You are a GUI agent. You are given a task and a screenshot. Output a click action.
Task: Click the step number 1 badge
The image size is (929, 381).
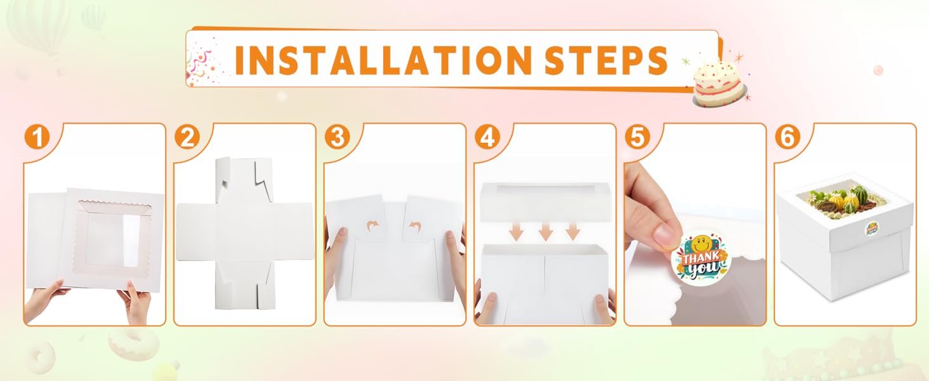pyautogui.click(x=37, y=137)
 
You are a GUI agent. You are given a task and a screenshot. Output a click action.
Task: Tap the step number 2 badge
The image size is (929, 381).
pyautogui.click(x=187, y=137)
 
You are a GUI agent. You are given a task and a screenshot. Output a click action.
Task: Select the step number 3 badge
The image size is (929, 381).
pyautogui.click(x=337, y=137)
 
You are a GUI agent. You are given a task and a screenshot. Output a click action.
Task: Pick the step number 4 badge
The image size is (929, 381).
pyautogui.click(x=487, y=137)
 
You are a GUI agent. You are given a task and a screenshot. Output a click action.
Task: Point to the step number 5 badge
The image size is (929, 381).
pyautogui.click(x=638, y=137)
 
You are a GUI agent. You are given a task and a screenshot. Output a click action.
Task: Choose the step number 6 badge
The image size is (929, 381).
pyautogui.click(x=787, y=137)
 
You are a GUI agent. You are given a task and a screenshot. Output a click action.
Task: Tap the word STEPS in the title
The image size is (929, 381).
pyautogui.click(x=606, y=60)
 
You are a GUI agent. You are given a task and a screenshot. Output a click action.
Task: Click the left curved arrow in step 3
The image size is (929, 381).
pyautogui.click(x=373, y=226)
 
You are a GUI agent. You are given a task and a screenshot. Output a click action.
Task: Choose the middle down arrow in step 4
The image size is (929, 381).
pyautogui.click(x=545, y=232)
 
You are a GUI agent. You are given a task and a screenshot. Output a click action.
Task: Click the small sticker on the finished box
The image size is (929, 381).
pyautogui.click(x=871, y=229)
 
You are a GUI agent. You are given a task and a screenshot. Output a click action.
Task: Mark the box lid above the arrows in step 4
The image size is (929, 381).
pyautogui.click(x=545, y=201)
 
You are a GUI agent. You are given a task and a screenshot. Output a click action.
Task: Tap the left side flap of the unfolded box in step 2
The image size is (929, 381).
pyautogui.click(x=197, y=232)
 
